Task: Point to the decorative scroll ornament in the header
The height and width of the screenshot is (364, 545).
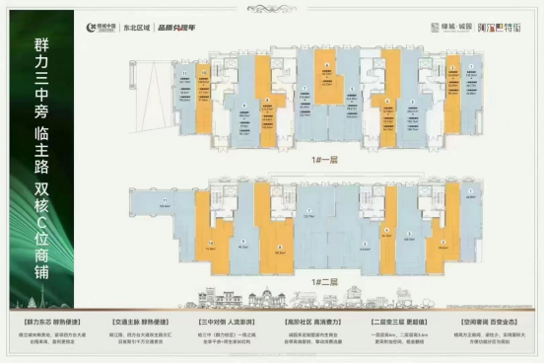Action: (x=496, y=30)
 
